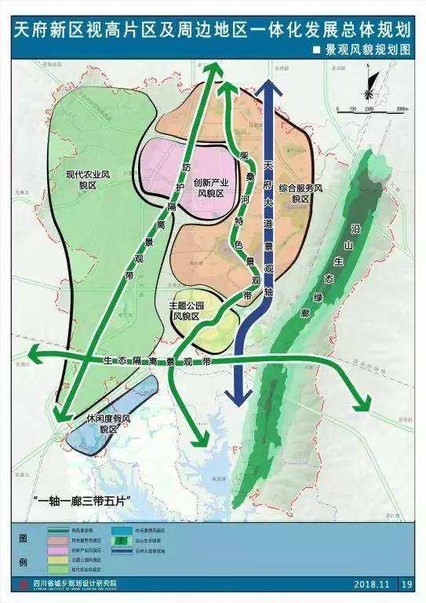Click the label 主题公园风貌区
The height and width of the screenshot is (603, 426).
[x=185, y=309]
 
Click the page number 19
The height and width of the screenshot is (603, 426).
[x=406, y=584]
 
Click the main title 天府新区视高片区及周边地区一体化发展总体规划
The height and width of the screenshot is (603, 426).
[x=213, y=30]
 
